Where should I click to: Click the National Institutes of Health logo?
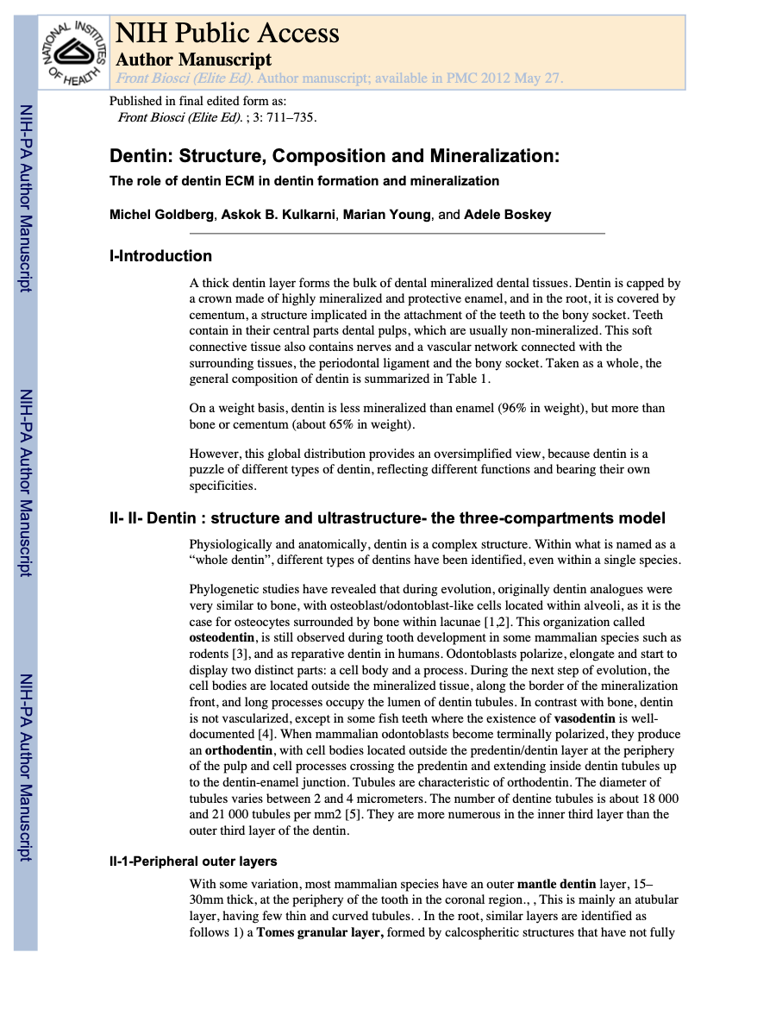pyautogui.click(x=73, y=53)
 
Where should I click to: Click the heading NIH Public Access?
pyautogui.click(x=227, y=34)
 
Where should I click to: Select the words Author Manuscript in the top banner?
pyautogui.click(x=193, y=60)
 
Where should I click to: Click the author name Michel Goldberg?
pyautogui.click(x=161, y=215)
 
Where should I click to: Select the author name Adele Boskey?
pyautogui.click(x=507, y=215)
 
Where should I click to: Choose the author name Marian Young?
pyautogui.click(x=386, y=215)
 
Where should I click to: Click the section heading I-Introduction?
pyautogui.click(x=160, y=256)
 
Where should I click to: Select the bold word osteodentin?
pyautogui.click(x=222, y=638)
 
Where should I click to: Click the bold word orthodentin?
pyautogui.click(x=239, y=751)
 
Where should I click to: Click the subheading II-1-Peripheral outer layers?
pyautogui.click(x=193, y=861)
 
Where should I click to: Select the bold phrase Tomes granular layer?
pyautogui.click(x=320, y=932)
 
